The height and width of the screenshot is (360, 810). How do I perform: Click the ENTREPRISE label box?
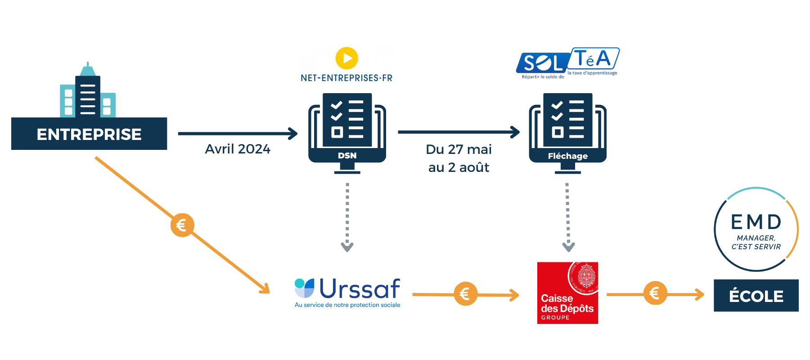(x=89, y=134)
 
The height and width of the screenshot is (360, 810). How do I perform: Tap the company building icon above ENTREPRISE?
(x=88, y=92)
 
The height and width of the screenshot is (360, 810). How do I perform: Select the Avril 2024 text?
(x=238, y=149)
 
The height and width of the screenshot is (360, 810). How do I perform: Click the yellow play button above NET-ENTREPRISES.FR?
(x=346, y=58)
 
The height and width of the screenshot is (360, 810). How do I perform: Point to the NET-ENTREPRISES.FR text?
(x=346, y=78)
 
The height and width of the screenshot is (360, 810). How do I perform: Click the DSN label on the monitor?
(x=347, y=156)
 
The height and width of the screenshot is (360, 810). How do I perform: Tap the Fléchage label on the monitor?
(x=567, y=156)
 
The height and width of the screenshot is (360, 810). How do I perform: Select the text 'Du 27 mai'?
(x=459, y=149)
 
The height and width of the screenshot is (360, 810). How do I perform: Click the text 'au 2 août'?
(x=459, y=167)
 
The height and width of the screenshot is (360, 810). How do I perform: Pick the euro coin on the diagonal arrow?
(x=182, y=225)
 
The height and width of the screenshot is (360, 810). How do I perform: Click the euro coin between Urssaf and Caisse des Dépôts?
(x=465, y=294)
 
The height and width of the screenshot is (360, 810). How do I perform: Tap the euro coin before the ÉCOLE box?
(x=655, y=293)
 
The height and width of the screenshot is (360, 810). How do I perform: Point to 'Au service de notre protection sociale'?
(x=347, y=305)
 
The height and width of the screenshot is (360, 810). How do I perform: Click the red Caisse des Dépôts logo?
(x=567, y=293)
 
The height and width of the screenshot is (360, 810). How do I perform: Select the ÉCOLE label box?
(x=756, y=296)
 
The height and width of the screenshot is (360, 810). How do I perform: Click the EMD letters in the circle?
(x=756, y=222)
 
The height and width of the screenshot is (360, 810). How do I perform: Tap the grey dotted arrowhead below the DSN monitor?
(x=347, y=247)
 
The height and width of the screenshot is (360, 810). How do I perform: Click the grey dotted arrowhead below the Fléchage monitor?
(x=568, y=247)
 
